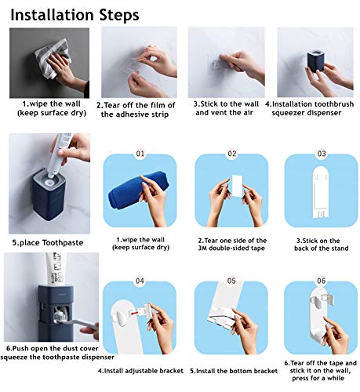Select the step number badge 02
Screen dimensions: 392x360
232,154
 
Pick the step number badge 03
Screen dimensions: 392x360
321,154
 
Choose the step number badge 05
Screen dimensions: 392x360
231,280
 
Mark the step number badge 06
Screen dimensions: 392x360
321,280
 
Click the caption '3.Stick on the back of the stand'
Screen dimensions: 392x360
320,245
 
